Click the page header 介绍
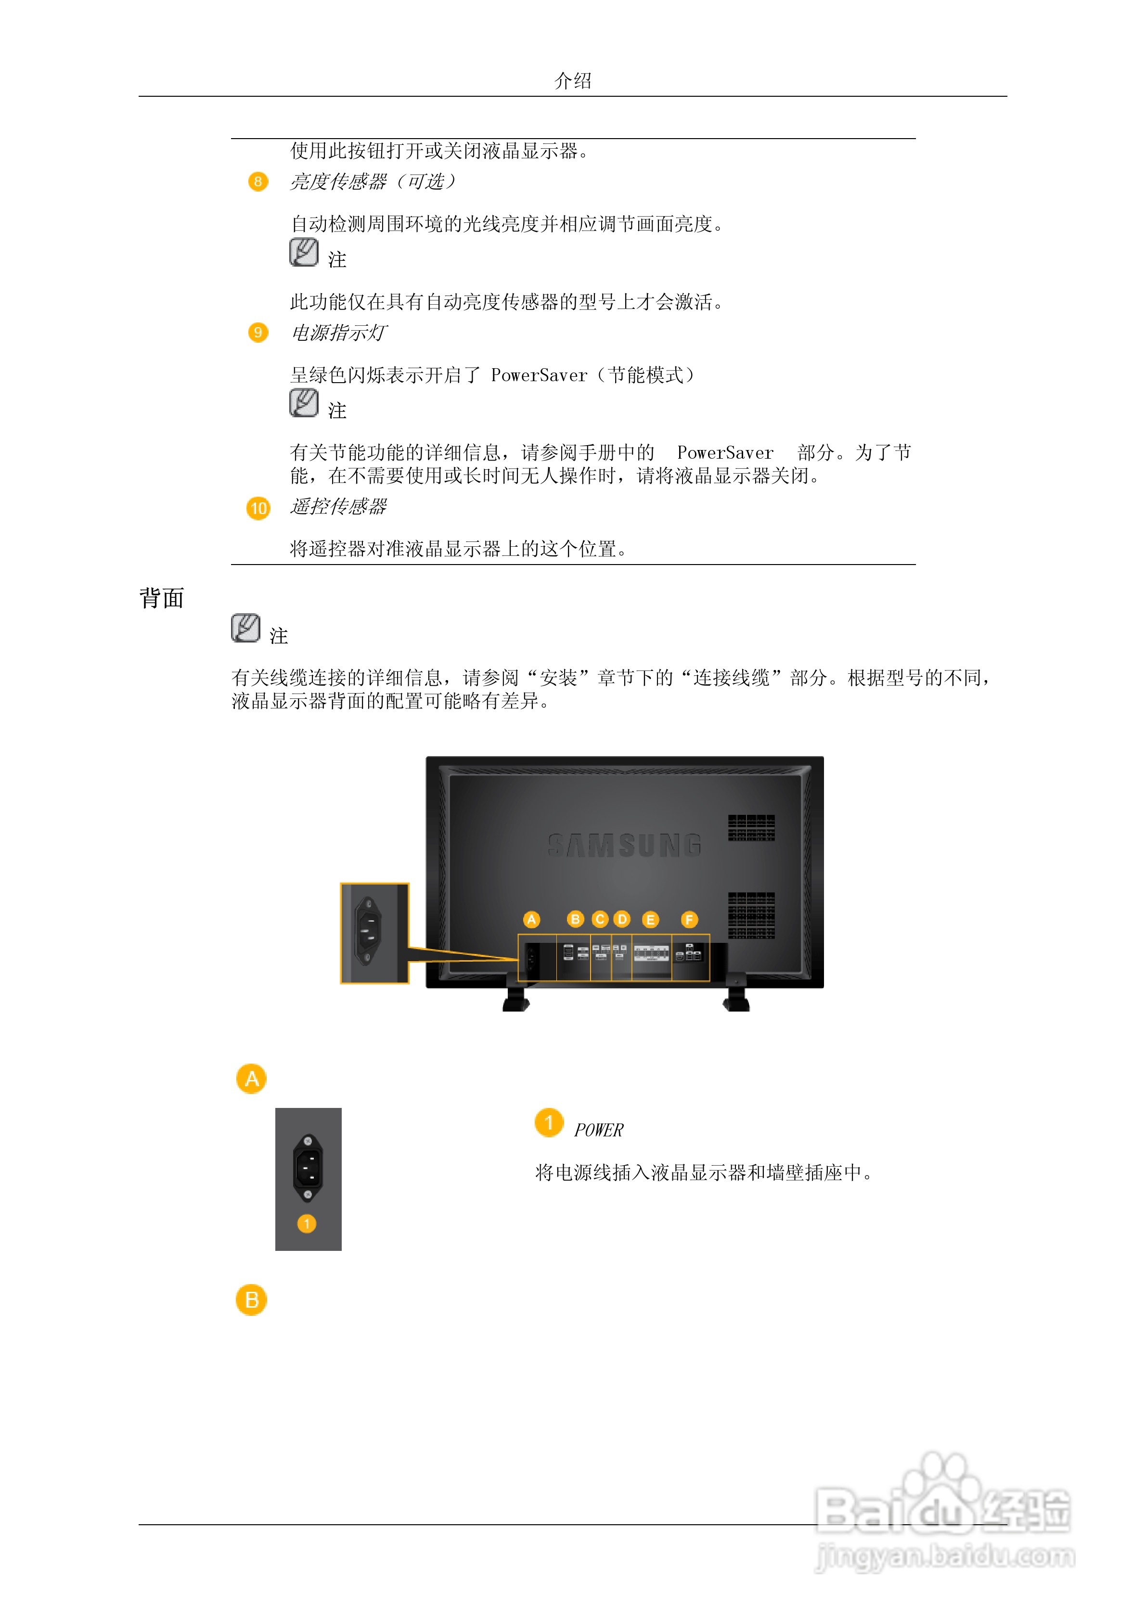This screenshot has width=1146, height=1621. [573, 80]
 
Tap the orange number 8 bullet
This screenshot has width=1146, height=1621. [258, 182]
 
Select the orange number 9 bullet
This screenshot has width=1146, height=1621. [258, 333]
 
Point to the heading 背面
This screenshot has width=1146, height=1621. [162, 598]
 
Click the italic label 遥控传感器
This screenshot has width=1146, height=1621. [338, 506]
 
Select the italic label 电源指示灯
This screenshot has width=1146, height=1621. [338, 333]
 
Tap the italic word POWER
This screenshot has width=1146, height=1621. [598, 1131]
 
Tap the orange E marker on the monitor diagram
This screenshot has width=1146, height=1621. [650, 919]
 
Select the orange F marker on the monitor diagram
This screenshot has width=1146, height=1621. [689, 919]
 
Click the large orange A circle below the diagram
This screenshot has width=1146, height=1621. [251, 1079]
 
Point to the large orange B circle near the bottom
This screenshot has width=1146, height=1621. [251, 1300]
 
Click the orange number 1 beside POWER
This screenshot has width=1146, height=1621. [549, 1122]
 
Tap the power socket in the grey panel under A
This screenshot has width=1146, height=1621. [308, 1167]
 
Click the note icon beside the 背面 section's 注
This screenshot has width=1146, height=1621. [245, 628]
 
